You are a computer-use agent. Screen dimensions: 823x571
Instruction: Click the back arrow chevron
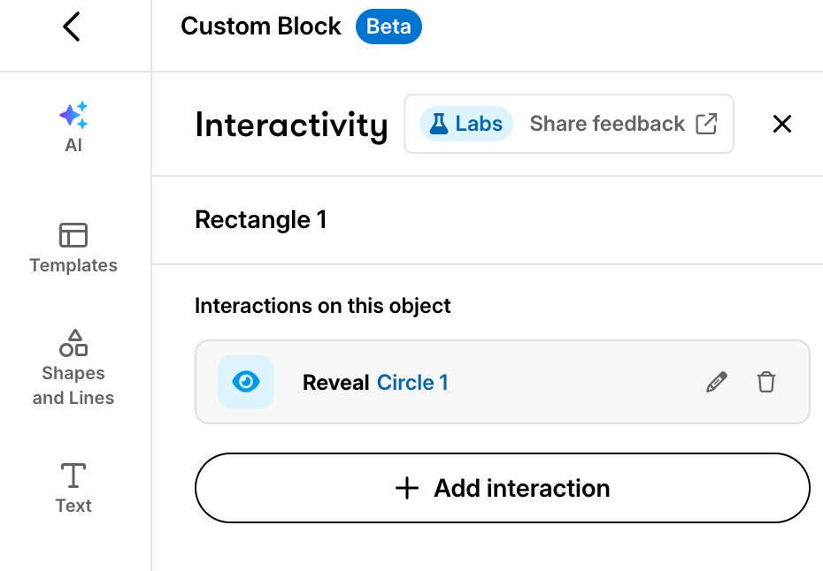[72, 27]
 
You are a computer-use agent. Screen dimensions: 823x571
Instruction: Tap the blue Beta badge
[388, 27]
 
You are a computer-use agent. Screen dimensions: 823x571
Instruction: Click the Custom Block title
[261, 27]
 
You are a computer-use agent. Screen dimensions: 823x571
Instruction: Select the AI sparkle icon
[73, 115]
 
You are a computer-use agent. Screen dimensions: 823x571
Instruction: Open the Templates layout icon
[73, 235]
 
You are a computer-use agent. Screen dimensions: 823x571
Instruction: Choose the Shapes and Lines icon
[73, 343]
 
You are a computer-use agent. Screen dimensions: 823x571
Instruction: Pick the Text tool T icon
[73, 476]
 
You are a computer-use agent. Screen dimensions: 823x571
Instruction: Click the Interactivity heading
[291, 125]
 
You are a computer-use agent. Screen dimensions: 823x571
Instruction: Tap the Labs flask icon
[439, 124]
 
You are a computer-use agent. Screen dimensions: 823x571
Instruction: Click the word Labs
[479, 124]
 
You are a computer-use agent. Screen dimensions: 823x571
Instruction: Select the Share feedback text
[607, 124]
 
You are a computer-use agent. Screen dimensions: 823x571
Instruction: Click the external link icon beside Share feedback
[706, 124]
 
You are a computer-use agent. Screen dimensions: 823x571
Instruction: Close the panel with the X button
[782, 125]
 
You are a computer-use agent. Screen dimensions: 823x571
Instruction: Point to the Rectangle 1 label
[261, 219]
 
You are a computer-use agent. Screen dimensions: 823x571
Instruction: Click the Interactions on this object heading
[323, 306]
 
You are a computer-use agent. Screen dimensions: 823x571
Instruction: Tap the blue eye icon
[246, 382]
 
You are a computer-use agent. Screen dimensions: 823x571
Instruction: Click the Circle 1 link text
[412, 382]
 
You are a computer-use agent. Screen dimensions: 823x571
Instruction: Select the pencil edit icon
[717, 382]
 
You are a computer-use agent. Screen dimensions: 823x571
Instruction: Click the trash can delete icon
[765, 382]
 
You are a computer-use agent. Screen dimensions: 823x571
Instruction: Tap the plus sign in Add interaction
[407, 488]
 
